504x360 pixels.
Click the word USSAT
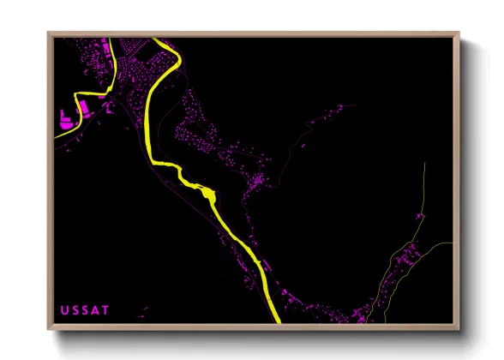[x=84, y=309]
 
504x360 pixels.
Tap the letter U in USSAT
[x=63, y=309]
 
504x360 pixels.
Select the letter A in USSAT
[x=94, y=309]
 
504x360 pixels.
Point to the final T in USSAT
[x=105, y=309]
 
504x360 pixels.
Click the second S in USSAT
[x=84, y=309]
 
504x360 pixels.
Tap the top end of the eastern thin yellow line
[x=424, y=163]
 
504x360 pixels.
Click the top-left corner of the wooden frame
[x=49, y=33]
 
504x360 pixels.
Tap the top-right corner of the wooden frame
[x=459, y=33]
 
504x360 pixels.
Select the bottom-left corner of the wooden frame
[x=49, y=329]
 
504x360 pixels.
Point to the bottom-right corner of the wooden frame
[x=459, y=329]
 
